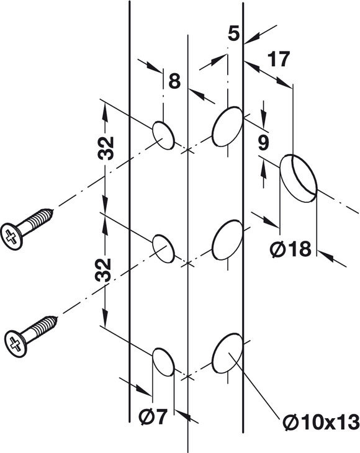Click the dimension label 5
(x=234, y=34)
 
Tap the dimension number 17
(x=279, y=59)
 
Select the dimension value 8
(x=174, y=81)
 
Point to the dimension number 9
(x=263, y=143)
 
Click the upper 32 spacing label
(x=106, y=148)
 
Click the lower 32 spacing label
(x=103, y=271)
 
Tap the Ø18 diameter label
(x=290, y=249)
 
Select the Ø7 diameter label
(x=153, y=417)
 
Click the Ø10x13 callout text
(x=321, y=422)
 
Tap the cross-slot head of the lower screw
(x=16, y=344)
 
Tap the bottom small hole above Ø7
(x=163, y=362)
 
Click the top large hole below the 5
(x=227, y=127)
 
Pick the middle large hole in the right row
(x=227, y=240)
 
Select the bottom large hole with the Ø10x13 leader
(x=227, y=353)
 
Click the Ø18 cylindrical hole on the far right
(x=299, y=177)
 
